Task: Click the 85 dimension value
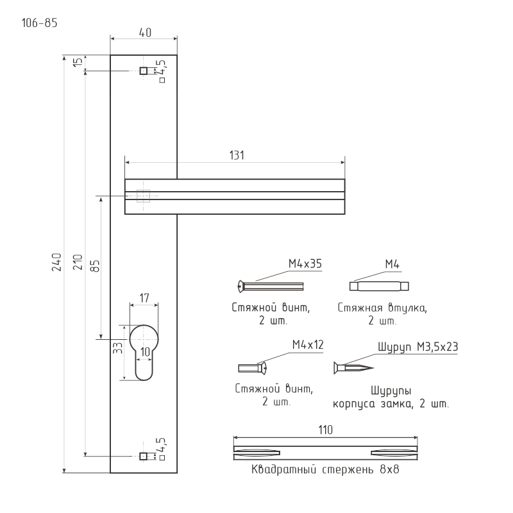[x=94, y=266]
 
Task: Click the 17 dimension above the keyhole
[x=144, y=298]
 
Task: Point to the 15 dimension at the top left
[x=78, y=62]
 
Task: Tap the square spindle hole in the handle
[x=144, y=195]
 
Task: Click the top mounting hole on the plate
[x=144, y=71]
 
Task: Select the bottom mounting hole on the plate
[x=144, y=456]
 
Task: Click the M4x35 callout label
[x=305, y=264]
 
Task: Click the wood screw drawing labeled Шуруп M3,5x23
[x=353, y=368]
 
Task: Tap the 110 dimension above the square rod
[x=326, y=431]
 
